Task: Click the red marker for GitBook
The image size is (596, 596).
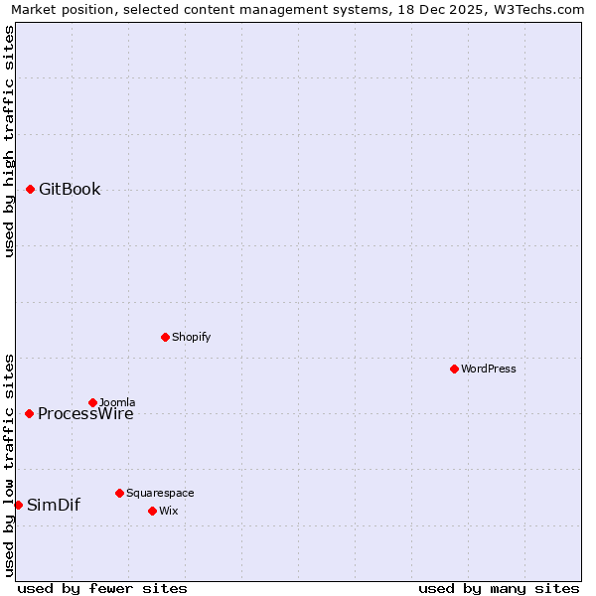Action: (x=30, y=189)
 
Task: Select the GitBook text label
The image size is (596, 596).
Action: (x=70, y=190)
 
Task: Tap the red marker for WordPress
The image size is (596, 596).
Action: (x=454, y=369)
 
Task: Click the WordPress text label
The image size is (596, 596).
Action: (x=488, y=369)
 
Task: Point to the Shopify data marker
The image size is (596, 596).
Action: (x=165, y=337)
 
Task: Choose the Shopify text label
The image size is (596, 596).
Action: (x=191, y=337)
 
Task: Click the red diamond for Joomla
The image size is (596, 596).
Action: (x=92, y=402)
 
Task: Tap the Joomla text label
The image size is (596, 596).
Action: (x=117, y=402)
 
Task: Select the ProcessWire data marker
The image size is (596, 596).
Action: (x=29, y=413)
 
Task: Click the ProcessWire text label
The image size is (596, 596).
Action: (x=85, y=414)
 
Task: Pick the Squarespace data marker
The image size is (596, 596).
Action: (x=119, y=493)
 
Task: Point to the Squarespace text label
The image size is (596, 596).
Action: (x=160, y=493)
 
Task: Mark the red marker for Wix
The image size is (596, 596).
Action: (x=152, y=511)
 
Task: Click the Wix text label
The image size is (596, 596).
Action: (x=168, y=511)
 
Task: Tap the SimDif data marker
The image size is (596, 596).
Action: (x=18, y=505)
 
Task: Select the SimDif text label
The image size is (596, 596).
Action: (x=54, y=505)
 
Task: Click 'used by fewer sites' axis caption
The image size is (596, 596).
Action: (x=102, y=588)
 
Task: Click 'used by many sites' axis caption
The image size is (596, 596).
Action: (x=499, y=588)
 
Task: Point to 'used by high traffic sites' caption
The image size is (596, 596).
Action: (x=9, y=141)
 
